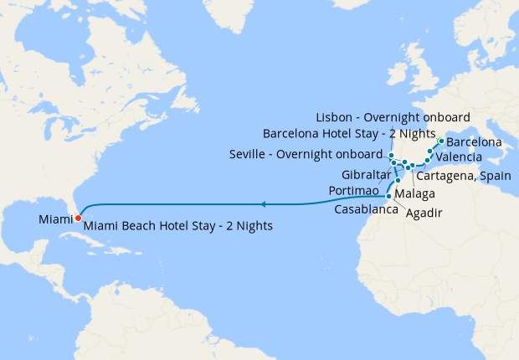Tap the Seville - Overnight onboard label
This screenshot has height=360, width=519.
coord(306,155)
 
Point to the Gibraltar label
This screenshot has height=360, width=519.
coord(367,174)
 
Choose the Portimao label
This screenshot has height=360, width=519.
coord(357,191)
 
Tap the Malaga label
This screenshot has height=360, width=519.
coord(414,194)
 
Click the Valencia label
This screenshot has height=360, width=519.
coord(459,157)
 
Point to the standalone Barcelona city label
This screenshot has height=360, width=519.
coord(474,142)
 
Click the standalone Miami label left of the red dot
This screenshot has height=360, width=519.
coord(54,219)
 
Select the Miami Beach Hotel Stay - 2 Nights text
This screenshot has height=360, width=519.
coord(178,226)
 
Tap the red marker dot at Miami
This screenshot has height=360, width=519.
coord(78,219)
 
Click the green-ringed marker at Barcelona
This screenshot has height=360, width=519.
coord(441,141)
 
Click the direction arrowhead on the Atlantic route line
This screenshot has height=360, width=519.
coord(263,203)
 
